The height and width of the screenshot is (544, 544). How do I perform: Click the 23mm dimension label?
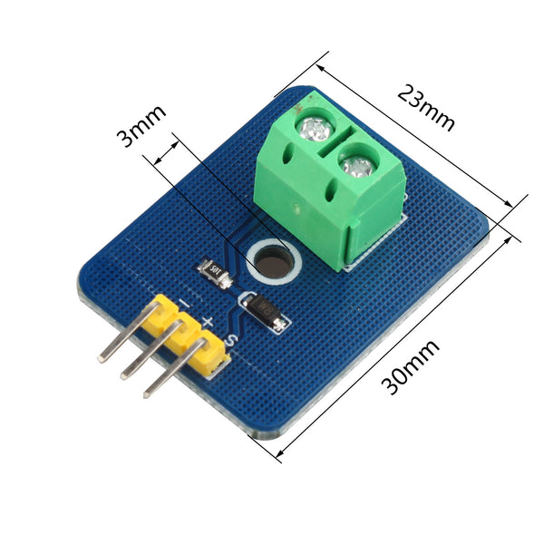pyautogui.click(x=426, y=107)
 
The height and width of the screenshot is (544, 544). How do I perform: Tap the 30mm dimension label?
pyautogui.click(x=411, y=368)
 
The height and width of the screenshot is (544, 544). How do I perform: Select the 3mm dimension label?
pyautogui.click(x=141, y=126)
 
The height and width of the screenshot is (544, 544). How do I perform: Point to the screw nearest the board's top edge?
pyautogui.click(x=315, y=129)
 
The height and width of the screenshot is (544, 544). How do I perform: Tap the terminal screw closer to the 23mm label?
pyautogui.click(x=358, y=165)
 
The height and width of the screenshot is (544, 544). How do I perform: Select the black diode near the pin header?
pyautogui.click(x=264, y=310)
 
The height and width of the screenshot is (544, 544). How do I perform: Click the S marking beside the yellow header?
pyautogui.click(x=229, y=340)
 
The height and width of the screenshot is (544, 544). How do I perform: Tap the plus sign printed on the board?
pyautogui.click(x=208, y=322)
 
